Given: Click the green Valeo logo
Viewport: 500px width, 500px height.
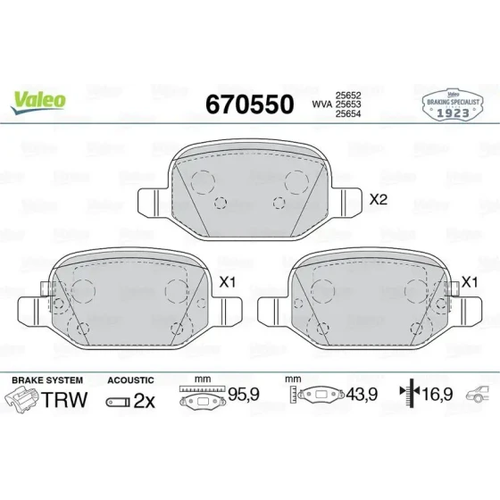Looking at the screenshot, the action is pyautogui.click(x=37, y=102).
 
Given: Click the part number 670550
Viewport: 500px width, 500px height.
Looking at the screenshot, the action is pyautogui.click(x=250, y=104).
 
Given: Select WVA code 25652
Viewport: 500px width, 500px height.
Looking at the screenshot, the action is pyautogui.click(x=348, y=95).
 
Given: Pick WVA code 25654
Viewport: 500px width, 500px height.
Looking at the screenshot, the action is pyautogui.click(x=348, y=114).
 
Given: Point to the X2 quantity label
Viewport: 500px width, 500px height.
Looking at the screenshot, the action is pyautogui.click(x=379, y=200).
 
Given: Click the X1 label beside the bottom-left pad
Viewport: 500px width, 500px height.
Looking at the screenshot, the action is pyautogui.click(x=228, y=282).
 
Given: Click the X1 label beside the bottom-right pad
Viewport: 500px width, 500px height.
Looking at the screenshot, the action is pyautogui.click(x=470, y=282).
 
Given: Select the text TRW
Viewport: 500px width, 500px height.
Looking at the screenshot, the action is pyautogui.click(x=64, y=400).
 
